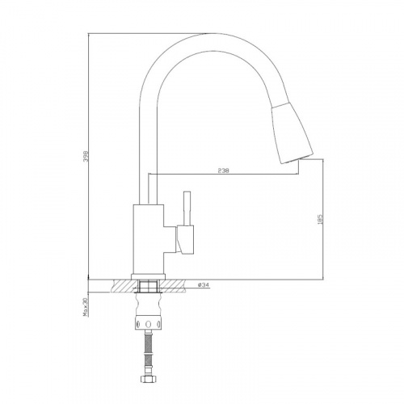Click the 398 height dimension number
pyautogui.click(x=86, y=156)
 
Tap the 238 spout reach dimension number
pyautogui.click(x=223, y=170)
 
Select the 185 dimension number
pyautogui.click(x=320, y=219)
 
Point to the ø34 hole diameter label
pyautogui.click(x=204, y=284)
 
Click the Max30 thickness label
pyautogui.click(x=86, y=307)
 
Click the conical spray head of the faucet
pyautogui.click(x=292, y=133)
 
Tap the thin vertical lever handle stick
pyautogui.click(x=187, y=208)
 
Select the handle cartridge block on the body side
pyautogui.click(x=185, y=239)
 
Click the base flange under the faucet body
pyautogui.click(x=148, y=276)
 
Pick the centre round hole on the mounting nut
pyautogui.click(x=148, y=323)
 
